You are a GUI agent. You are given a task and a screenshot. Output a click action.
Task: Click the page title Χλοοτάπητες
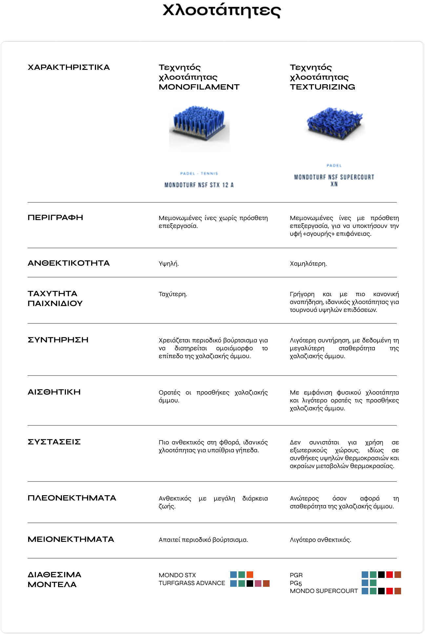(x=222, y=11)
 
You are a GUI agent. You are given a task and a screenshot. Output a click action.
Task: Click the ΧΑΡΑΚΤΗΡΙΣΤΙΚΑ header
(x=69, y=68)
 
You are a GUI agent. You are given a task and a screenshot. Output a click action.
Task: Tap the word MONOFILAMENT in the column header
(x=199, y=87)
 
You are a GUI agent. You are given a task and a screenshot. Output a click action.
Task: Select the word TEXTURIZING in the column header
(x=322, y=87)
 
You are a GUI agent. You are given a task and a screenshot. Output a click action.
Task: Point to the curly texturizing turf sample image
(x=334, y=123)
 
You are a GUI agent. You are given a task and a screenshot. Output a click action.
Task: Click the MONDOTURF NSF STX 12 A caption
(x=199, y=185)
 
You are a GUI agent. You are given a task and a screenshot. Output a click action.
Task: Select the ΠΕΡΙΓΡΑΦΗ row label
(x=55, y=218)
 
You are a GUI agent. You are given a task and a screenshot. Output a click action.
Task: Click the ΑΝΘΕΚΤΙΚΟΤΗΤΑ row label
(x=69, y=263)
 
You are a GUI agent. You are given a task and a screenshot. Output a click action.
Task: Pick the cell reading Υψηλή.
(x=169, y=264)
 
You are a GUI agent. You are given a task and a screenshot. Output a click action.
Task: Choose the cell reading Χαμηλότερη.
(x=308, y=264)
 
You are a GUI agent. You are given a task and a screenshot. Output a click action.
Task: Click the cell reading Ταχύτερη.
(x=173, y=294)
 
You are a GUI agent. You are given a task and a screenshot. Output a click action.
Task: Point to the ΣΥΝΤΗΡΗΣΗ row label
(x=58, y=340)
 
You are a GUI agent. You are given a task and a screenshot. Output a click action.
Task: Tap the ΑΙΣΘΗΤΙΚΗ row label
(x=54, y=392)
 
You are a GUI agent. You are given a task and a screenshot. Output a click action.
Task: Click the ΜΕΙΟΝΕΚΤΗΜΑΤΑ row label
(x=71, y=540)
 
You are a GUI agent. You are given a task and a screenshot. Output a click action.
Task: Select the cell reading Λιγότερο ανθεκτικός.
(x=320, y=540)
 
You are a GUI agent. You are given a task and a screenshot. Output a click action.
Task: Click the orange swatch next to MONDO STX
(x=250, y=575)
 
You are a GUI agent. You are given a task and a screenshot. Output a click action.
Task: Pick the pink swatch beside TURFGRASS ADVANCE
(x=258, y=583)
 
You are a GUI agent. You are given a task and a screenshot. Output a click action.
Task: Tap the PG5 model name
(x=296, y=583)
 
